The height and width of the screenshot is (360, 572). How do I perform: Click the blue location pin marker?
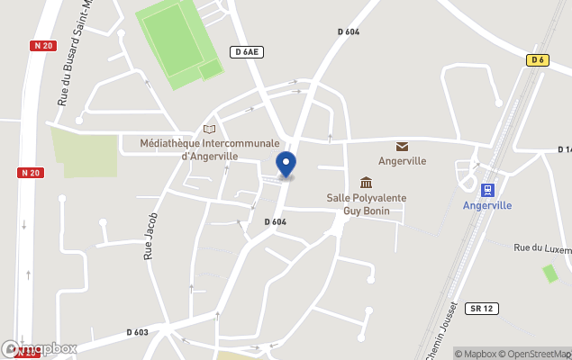pos(286,165)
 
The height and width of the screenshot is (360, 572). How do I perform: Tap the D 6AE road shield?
pos(246,52)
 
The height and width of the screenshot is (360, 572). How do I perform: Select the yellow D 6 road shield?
pos(538,60)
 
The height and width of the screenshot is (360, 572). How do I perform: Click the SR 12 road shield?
pos(482,309)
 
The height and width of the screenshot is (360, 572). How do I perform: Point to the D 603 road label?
pos(138,332)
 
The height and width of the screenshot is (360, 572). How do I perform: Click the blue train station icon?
pos(487,190)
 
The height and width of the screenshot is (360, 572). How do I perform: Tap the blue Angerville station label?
pos(487,205)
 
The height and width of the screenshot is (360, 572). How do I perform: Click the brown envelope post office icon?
pos(402,147)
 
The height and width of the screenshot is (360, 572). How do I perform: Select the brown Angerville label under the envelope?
pos(402,161)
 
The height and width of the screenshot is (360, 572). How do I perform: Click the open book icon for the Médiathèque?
pos(210,130)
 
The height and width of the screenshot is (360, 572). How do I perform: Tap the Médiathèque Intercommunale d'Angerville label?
pos(210,148)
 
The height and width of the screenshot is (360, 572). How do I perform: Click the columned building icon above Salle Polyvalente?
pos(366,183)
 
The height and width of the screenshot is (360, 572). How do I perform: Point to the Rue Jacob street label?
pos(151,237)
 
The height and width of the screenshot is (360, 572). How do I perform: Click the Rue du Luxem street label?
pos(541,247)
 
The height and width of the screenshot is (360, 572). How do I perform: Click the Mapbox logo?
pos(40,348)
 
